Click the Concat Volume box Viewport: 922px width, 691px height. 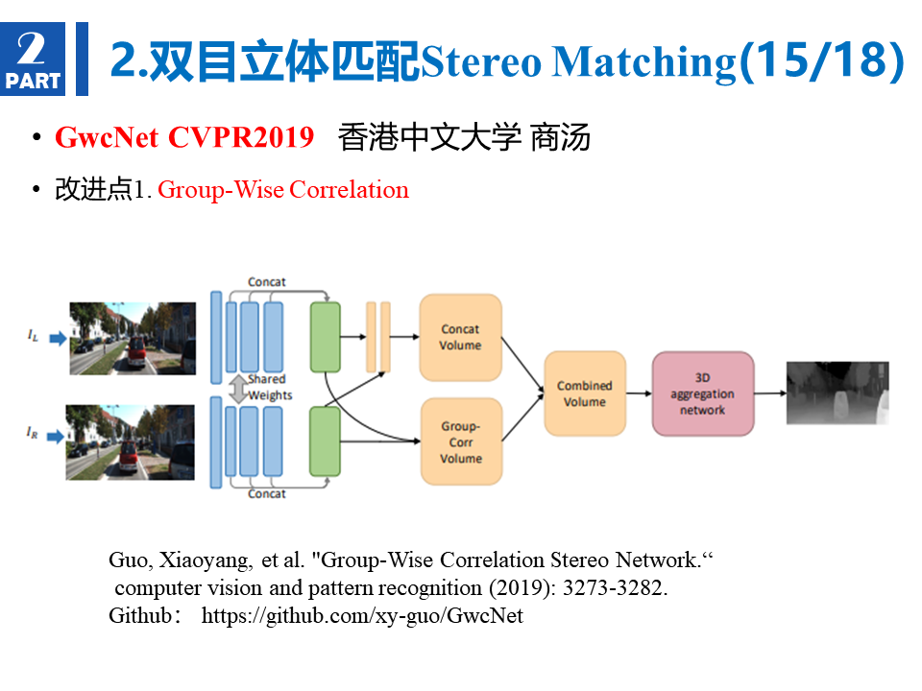click(460, 337)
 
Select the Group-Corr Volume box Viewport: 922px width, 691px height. click(462, 441)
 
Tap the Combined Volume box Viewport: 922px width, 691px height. click(585, 393)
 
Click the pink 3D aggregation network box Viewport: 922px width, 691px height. click(703, 393)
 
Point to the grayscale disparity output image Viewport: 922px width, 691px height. click(837, 393)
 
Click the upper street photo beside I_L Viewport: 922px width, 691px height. click(133, 339)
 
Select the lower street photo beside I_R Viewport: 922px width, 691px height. click(130, 442)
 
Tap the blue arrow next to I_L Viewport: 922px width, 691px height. click(58, 339)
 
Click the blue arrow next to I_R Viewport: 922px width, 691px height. click(56, 437)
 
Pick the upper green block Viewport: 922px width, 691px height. click(326, 337)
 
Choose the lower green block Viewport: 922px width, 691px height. click(326, 441)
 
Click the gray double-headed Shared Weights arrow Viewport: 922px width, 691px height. click(238, 389)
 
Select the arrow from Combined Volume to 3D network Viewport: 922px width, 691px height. click(640, 393)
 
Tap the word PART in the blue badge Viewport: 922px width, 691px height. click(33, 81)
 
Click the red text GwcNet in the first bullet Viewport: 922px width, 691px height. click(107, 137)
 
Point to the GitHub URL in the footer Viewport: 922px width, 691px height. click(362, 616)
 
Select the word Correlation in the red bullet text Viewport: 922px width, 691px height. click(349, 190)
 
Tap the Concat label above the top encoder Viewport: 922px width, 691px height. click(266, 282)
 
